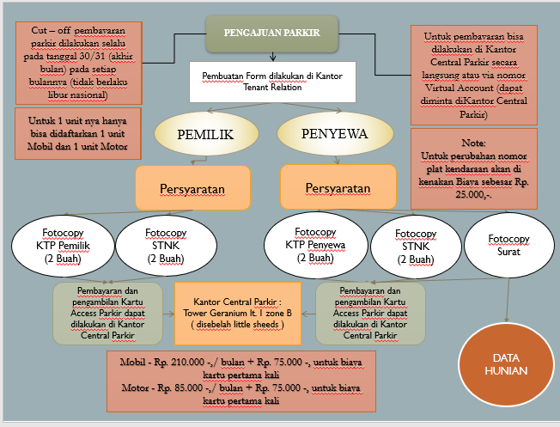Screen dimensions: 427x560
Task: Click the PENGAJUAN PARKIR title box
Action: click(x=271, y=34)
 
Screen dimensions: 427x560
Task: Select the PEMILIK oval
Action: click(x=205, y=135)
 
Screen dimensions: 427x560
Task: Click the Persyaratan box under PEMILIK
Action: click(x=192, y=187)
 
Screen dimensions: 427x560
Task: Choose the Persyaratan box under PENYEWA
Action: click(x=338, y=187)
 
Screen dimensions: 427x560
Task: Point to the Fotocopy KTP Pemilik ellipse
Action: click(x=59, y=245)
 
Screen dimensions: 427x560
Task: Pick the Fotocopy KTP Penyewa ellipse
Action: click(x=314, y=244)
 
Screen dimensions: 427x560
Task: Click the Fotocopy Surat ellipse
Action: click(x=509, y=244)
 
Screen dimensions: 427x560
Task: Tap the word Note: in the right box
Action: click(x=473, y=142)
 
